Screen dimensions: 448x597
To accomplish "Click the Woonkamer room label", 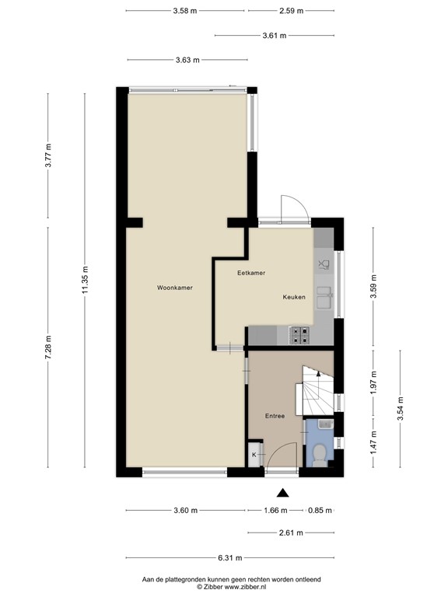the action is coord(175,288).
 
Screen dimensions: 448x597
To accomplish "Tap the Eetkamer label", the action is coord(251,273).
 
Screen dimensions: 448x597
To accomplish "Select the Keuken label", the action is coord(294,297).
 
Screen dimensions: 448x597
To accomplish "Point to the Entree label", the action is coord(275,416).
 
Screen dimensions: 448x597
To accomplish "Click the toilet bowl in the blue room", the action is coord(318,455).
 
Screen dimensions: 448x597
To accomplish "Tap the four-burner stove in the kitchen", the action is coord(299,336).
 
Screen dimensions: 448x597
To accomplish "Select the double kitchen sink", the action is coord(324,297).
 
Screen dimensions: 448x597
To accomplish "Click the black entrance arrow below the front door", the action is coord(282,493).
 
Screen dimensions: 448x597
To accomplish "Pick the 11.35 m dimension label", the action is coord(85,280).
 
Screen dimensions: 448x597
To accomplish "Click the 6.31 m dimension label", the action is coord(230,558).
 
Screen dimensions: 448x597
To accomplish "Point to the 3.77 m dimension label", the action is coord(48,155).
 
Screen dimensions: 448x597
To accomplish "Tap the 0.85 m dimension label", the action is coord(320,511).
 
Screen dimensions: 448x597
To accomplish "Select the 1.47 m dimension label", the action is coord(373,442).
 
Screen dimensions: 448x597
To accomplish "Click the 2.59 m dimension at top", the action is coord(292,11).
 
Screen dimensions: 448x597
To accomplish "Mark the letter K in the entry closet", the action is coord(254,455).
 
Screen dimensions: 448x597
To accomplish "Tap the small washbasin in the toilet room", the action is coord(326,424).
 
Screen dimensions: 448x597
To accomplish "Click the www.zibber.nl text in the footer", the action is coord(245,587).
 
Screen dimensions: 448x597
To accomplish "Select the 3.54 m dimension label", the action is coord(401,409).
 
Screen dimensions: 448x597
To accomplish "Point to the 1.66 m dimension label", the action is coord(276,511).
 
